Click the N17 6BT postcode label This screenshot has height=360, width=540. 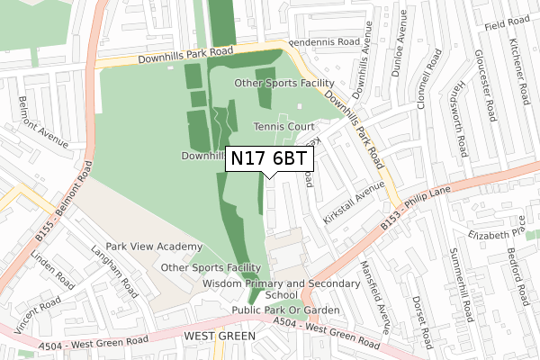point(270,159)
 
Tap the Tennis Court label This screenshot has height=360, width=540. point(283,127)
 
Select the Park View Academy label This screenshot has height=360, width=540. point(154,247)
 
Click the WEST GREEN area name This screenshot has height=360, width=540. point(220,335)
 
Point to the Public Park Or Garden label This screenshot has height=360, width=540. point(285,310)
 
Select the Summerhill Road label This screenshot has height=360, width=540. point(464,283)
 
